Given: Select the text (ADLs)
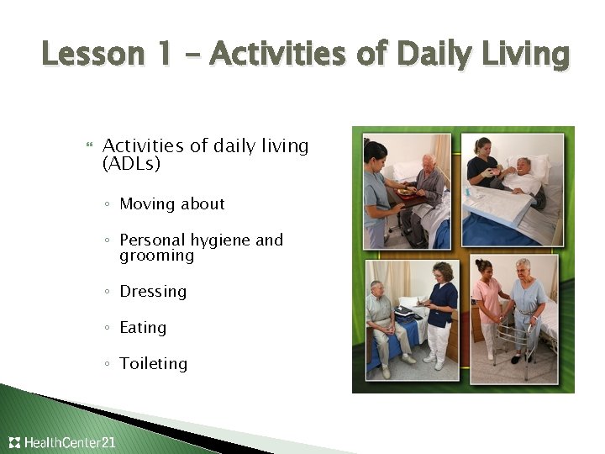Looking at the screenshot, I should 131,164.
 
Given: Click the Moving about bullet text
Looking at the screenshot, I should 172,204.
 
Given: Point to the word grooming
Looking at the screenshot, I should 156,256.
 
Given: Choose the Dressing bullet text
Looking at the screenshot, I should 153,292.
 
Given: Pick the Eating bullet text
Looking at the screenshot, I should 143,328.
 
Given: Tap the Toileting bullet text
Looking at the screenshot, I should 153,364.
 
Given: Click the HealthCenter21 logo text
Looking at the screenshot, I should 70,442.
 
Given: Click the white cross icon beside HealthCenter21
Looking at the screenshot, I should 14,442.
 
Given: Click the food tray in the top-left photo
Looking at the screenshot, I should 407,192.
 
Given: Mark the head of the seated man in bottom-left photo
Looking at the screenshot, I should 376,288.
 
